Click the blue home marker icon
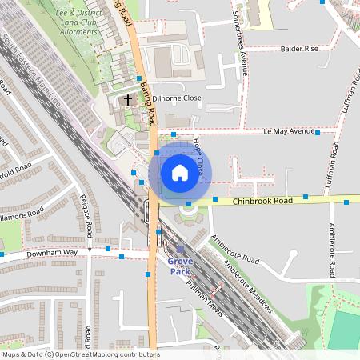coord(180,172)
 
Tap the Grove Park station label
coord(180,266)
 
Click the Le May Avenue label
coord(290,130)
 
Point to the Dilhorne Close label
coord(172,99)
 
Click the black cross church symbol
coord(127,100)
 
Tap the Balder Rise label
coord(299,49)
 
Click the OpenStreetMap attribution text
coord(80,354)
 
